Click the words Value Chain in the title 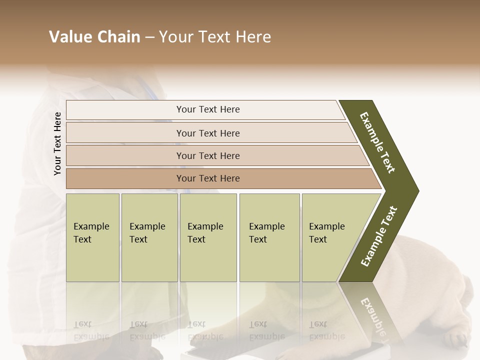click(x=94, y=37)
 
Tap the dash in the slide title click(x=149, y=37)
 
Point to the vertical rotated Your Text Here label click(x=57, y=143)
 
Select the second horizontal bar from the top click(x=208, y=133)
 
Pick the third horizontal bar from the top click(x=208, y=155)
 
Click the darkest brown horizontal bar click(x=208, y=178)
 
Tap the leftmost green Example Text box click(x=92, y=237)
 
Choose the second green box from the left click(x=149, y=237)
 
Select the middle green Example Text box click(x=208, y=237)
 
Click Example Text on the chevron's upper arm click(x=378, y=142)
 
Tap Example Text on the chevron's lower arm click(x=379, y=236)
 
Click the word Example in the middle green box click(x=205, y=226)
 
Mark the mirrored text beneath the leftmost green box click(x=91, y=330)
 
